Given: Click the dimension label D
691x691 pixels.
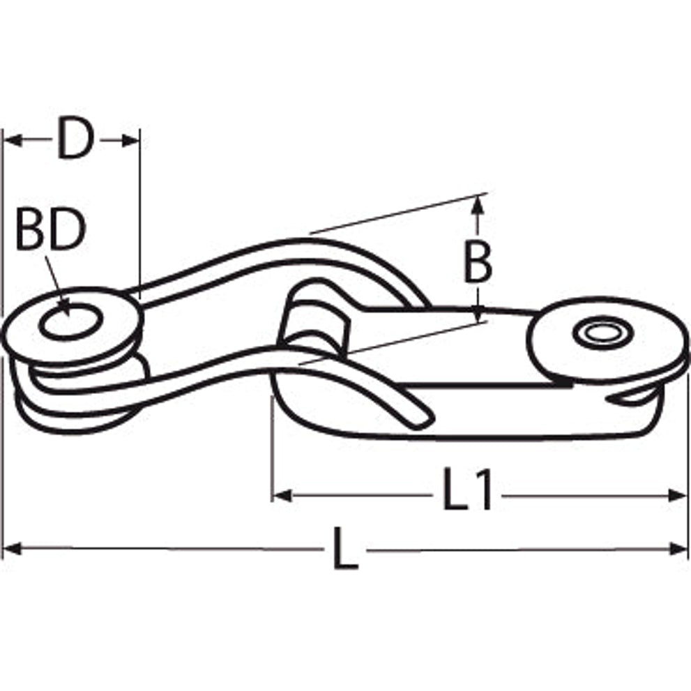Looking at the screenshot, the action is tap(76, 137).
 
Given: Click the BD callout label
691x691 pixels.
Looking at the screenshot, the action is tap(51, 229).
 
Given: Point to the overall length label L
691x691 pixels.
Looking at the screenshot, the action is tap(345, 548).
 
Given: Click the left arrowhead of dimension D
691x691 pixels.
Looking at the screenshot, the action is tap(13, 141).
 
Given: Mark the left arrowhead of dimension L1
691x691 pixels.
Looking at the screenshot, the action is tap(282, 496).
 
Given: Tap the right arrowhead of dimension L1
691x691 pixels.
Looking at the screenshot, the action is tap(677, 496).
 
